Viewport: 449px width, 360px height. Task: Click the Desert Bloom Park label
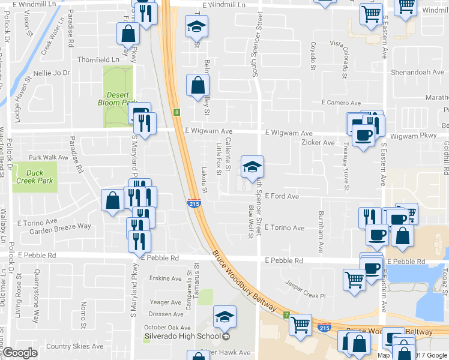tap(117, 98)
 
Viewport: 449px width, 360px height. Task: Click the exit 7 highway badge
tap(287, 314)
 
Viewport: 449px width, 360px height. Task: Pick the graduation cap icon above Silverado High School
tap(225, 317)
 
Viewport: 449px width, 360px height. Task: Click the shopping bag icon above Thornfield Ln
tap(128, 35)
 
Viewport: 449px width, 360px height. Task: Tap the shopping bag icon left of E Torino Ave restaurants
tap(113, 201)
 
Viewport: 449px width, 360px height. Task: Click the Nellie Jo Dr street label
tap(53, 73)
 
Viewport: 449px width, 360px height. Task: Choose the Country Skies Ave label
tap(75, 346)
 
